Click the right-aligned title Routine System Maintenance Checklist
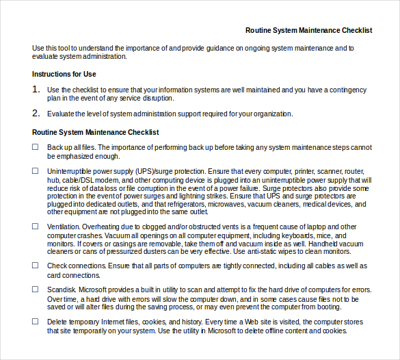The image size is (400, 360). click(x=308, y=30)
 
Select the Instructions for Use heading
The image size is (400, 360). click(x=64, y=74)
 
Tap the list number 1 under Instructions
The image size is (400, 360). click(x=36, y=89)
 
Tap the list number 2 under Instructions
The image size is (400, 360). click(x=36, y=114)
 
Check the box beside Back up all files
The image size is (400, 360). click(x=36, y=147)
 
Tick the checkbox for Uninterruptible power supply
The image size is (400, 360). click(x=36, y=171)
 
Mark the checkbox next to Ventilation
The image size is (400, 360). click(x=36, y=226)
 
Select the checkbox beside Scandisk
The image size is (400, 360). click(x=36, y=290)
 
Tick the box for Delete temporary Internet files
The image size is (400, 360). click(x=36, y=322)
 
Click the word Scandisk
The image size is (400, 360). click(x=62, y=290)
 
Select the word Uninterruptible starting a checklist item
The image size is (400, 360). click(x=70, y=171)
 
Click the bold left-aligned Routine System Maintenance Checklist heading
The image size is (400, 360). click(x=96, y=132)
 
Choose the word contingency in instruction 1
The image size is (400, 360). click(x=345, y=90)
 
